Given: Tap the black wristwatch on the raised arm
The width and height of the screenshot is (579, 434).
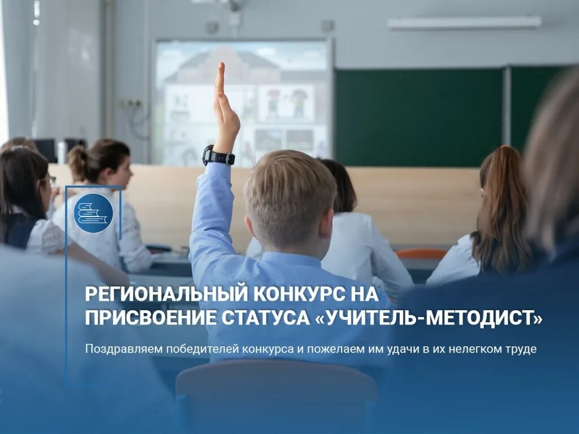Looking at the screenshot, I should tap(218, 155).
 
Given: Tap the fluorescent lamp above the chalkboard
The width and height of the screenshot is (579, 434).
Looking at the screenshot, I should tap(464, 23).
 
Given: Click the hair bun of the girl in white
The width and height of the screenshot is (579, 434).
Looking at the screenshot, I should tap(77, 163).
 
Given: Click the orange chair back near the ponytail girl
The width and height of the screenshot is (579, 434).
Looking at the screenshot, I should tap(421, 254).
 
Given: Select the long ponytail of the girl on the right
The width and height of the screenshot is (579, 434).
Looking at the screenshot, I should tap(500, 220).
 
